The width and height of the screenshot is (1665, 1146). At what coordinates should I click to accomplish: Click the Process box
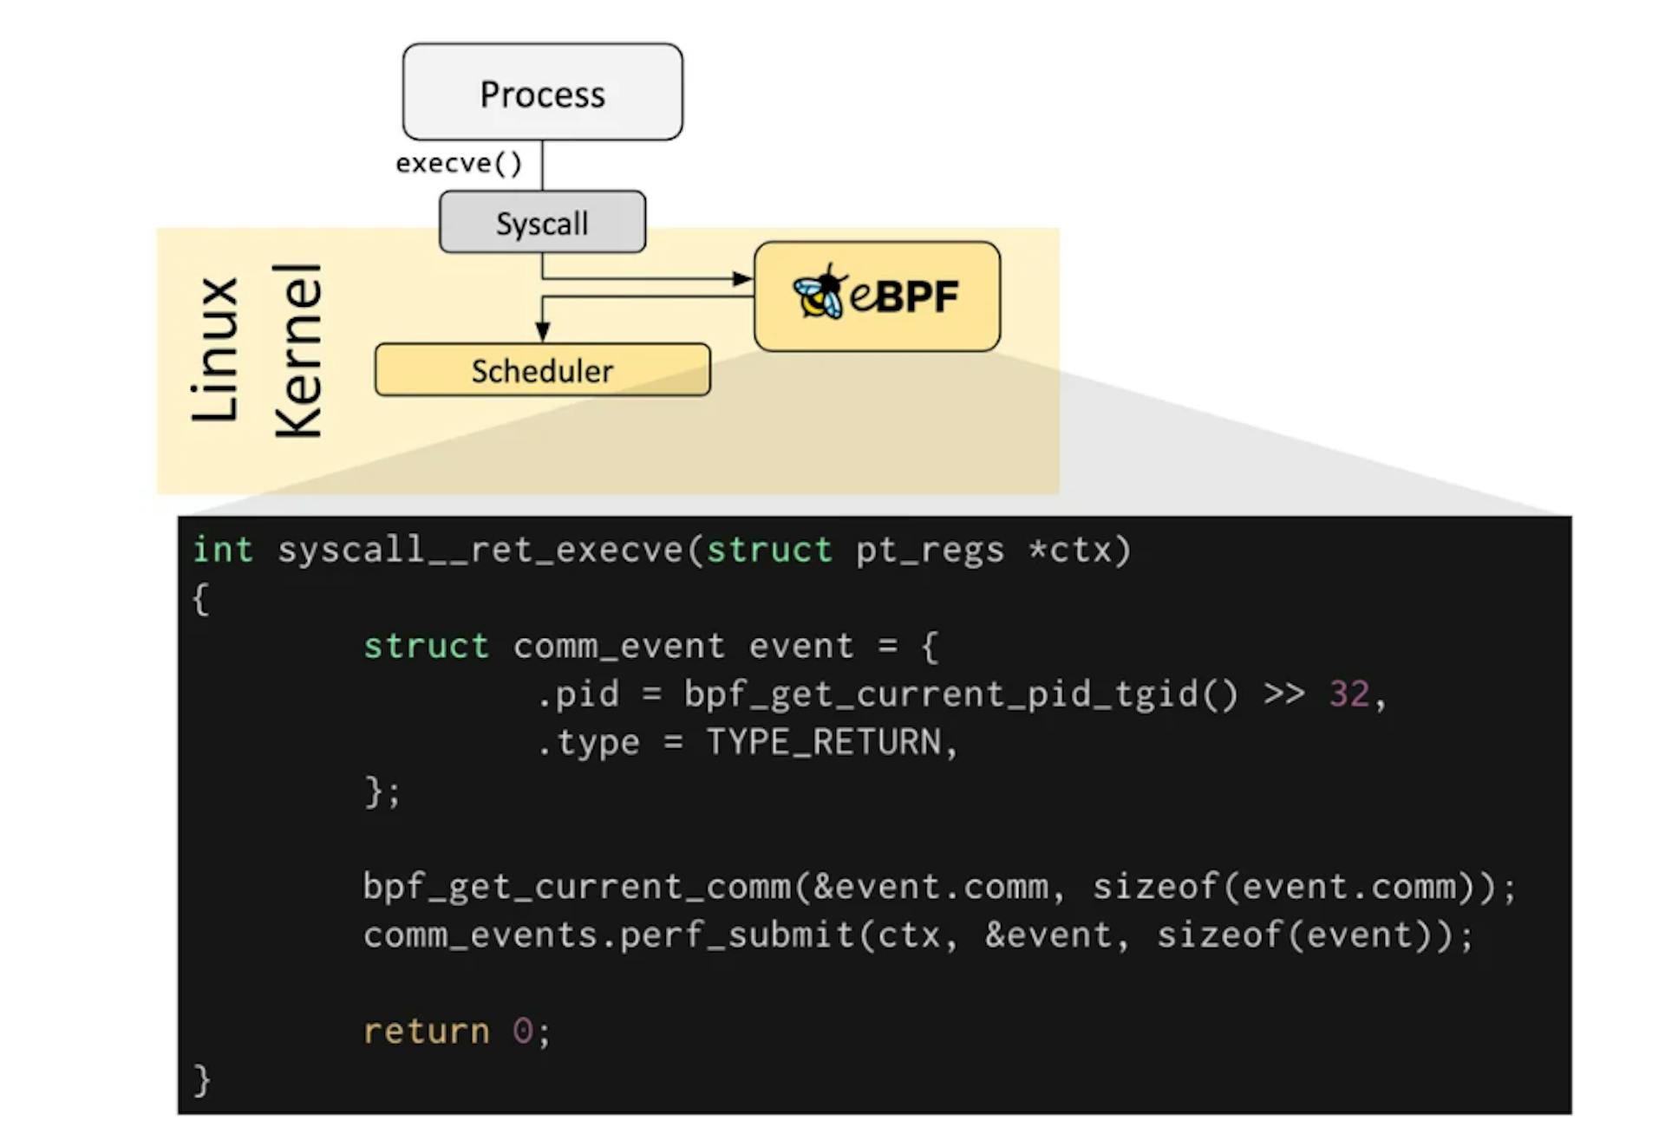click(542, 92)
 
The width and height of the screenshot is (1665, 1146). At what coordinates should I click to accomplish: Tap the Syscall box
click(542, 222)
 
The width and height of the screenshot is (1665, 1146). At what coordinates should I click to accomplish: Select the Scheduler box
click(542, 370)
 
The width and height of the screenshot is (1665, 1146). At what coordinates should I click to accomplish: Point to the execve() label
click(459, 163)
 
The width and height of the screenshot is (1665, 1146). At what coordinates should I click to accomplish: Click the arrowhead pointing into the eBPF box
click(743, 278)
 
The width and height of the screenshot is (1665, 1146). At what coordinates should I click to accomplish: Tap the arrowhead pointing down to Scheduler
click(542, 332)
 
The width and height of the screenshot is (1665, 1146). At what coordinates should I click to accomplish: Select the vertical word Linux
click(214, 350)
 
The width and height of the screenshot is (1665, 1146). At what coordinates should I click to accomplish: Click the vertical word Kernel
click(298, 350)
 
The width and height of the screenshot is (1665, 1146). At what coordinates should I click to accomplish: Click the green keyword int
click(223, 550)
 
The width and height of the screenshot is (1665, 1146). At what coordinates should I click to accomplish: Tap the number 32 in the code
click(1349, 693)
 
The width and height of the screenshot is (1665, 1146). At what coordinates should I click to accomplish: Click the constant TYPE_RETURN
click(824, 743)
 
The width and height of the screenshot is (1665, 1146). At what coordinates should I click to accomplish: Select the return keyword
click(426, 1032)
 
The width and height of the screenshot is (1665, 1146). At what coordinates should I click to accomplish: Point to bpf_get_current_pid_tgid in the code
click(941, 694)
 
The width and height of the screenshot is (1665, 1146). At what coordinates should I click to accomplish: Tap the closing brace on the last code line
click(202, 1080)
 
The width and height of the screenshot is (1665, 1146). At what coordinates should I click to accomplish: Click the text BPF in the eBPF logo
click(917, 296)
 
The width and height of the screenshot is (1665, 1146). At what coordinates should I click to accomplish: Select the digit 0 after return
click(522, 1031)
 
